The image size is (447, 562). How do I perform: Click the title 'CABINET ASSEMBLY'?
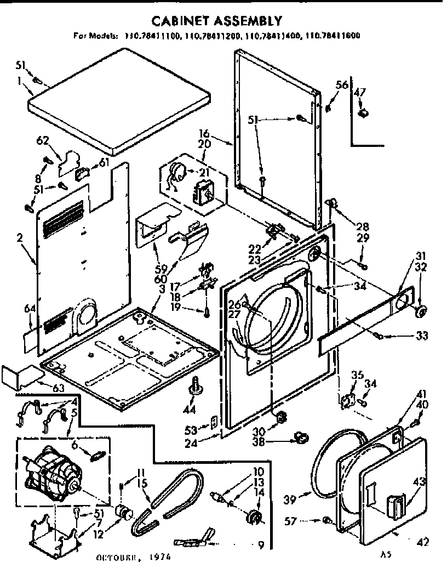pyautogui.click(x=217, y=21)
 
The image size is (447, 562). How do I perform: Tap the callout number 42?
pyautogui.click(x=422, y=543)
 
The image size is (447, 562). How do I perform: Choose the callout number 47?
pyautogui.click(x=360, y=92)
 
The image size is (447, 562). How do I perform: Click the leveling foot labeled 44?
pyautogui.click(x=194, y=386)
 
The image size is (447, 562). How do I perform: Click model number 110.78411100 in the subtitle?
pyautogui.click(x=148, y=37)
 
